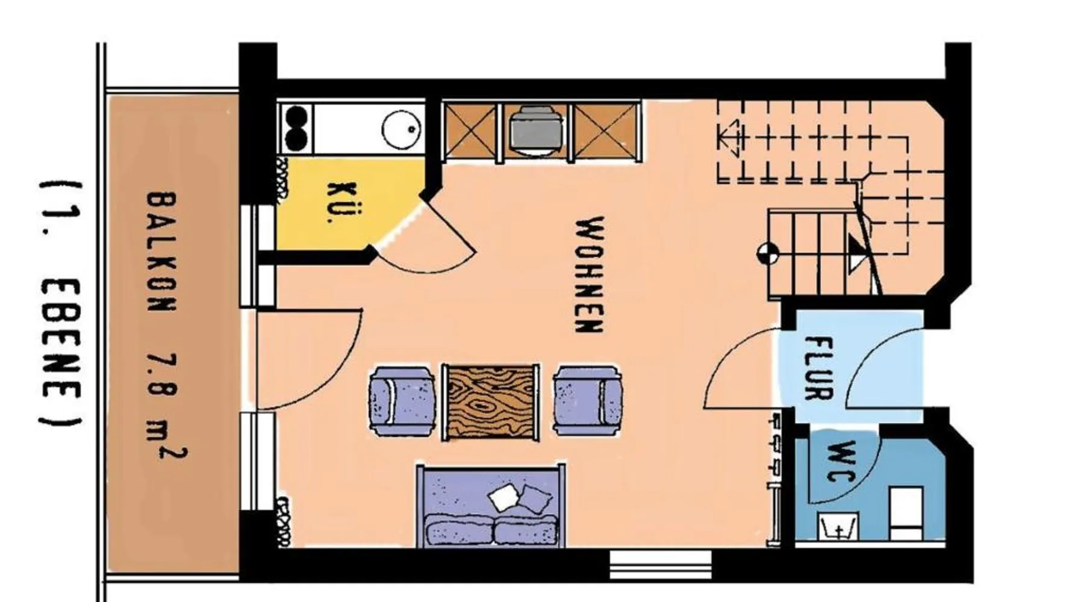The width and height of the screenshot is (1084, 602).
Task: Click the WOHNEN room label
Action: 589,275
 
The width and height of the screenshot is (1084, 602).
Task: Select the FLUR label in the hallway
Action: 819,368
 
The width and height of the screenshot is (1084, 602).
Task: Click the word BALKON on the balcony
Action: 161,251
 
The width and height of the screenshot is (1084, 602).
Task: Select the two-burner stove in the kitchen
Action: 296,128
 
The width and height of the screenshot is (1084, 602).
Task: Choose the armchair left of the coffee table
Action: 402,401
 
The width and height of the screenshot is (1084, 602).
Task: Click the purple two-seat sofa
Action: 491,506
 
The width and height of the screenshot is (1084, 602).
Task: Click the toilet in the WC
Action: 906,513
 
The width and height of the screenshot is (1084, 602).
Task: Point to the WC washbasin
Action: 838,526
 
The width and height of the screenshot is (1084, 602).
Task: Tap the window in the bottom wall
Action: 661,564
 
